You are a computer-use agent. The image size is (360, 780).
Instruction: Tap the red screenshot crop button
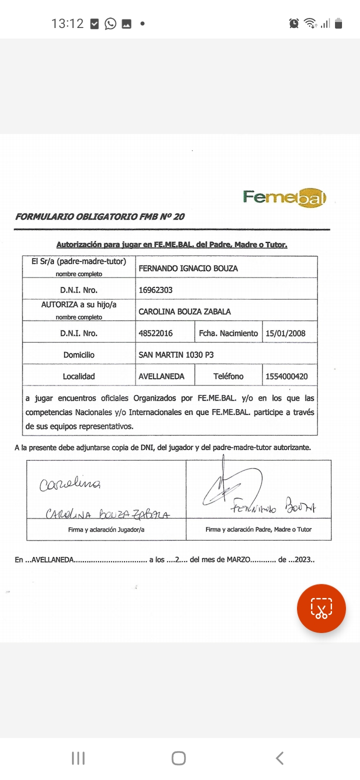coord(321,608)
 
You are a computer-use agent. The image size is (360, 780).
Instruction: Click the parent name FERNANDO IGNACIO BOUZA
coord(188,268)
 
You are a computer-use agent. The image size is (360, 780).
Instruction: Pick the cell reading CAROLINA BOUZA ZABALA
coord(184,311)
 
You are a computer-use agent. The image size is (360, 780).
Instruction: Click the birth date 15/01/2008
coord(285,333)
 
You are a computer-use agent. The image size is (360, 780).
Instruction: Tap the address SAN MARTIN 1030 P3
coord(176,355)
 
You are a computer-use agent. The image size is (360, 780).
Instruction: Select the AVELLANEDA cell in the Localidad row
coord(161,376)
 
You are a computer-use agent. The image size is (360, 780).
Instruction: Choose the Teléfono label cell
coord(228,376)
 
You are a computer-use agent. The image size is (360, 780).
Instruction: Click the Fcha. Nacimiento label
coord(228,333)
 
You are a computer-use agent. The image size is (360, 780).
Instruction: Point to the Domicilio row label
coord(79,355)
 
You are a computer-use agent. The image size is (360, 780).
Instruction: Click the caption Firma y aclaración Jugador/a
coord(106,529)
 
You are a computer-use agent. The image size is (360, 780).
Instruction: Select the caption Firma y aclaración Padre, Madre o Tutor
coord(258,529)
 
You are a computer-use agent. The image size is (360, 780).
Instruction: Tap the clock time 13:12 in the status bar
coord(67,23)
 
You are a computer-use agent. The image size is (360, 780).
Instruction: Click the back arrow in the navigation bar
coord(280,758)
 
